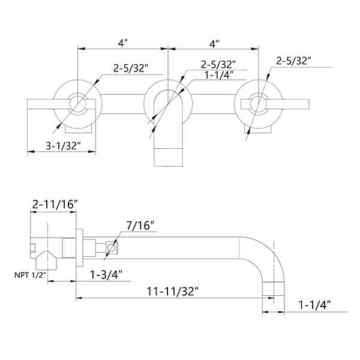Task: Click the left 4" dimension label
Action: pos(123,43)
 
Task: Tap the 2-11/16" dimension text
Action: pos(55,205)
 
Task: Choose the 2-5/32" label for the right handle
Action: pos(294,61)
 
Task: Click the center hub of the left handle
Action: pos(77,104)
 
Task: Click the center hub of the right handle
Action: pos(259,104)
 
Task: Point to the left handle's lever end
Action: pos(36,104)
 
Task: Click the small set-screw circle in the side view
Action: pos(110,247)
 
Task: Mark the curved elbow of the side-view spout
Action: pos(273,252)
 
